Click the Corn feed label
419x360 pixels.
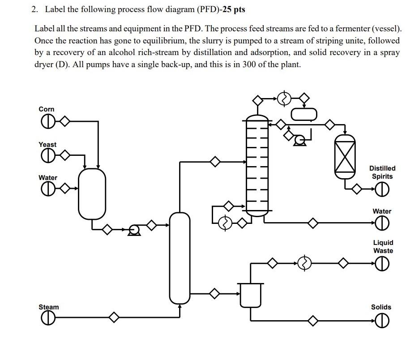pos(47,109)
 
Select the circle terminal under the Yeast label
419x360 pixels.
pos(47,156)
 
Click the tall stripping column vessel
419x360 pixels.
pos(180,257)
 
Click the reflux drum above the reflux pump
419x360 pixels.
pos(304,115)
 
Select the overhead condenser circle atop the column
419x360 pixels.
pos(284,99)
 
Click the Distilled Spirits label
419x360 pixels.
pos(382,172)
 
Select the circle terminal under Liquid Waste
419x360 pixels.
pos(382,265)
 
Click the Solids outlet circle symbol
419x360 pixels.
pos(381,321)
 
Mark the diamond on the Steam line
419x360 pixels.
pos(114,317)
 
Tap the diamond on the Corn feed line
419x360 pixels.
pos(65,121)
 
